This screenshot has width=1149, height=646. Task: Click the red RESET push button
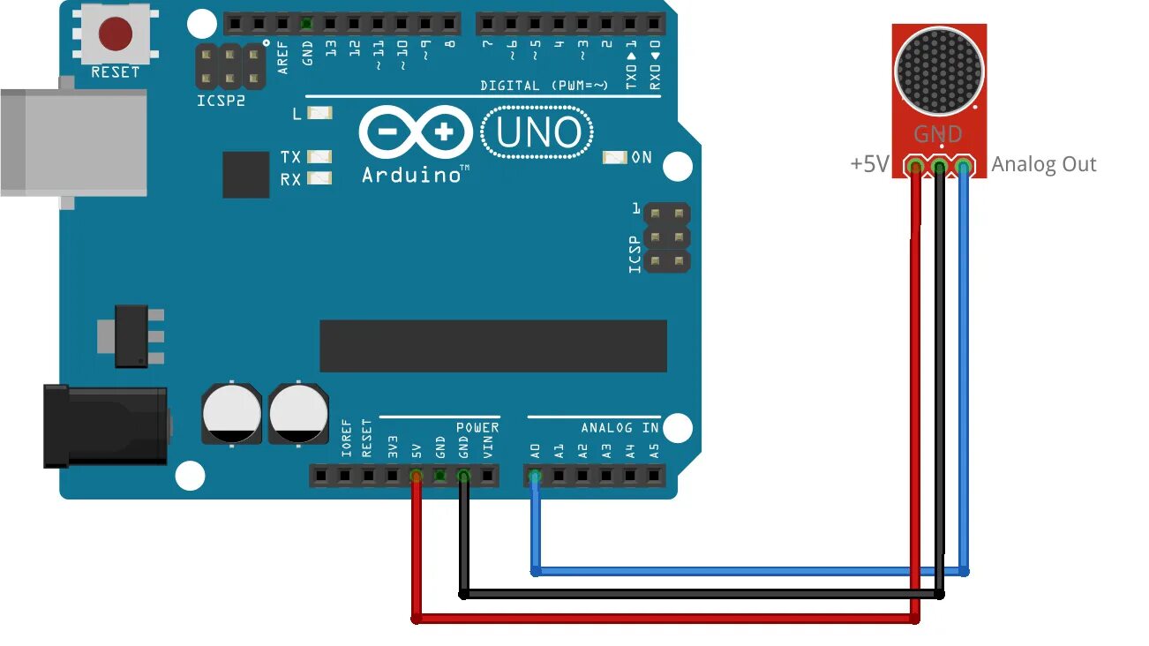tap(116, 34)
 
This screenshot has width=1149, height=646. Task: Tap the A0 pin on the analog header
tap(534, 477)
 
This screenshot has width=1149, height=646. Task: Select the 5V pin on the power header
tap(416, 477)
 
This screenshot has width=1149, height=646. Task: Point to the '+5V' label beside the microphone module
tap(869, 164)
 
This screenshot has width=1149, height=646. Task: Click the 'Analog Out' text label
tap(1044, 164)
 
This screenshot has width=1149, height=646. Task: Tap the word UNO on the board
tap(538, 133)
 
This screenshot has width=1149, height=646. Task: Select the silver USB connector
tap(75, 142)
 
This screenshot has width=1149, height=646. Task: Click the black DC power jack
tap(106, 426)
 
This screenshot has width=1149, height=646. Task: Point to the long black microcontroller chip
tap(492, 346)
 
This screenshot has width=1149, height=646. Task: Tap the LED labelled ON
tap(614, 157)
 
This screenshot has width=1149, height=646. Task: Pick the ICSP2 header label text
tap(221, 101)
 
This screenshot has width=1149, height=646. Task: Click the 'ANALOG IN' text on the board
tap(620, 427)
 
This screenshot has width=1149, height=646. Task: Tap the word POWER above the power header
tap(477, 427)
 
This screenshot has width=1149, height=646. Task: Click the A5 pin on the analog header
tap(654, 477)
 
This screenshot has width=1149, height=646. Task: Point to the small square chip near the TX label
tap(245, 175)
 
